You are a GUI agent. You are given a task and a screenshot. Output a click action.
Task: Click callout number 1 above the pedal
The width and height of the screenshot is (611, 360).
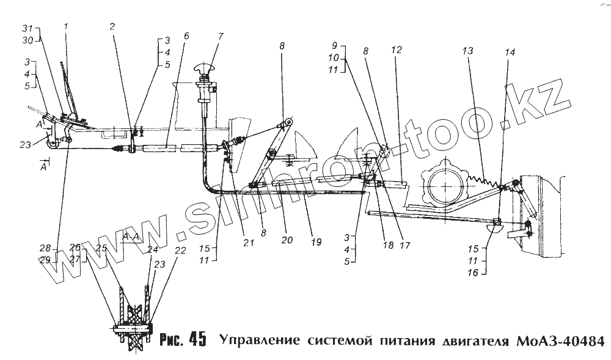tap(66, 28)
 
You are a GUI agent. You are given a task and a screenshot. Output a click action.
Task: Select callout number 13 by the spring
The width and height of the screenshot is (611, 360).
tap(467, 52)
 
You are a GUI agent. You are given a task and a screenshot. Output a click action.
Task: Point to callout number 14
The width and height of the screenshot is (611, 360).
tap(509, 53)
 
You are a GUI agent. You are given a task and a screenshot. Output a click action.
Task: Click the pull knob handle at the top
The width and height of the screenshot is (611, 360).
tap(205, 68)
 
